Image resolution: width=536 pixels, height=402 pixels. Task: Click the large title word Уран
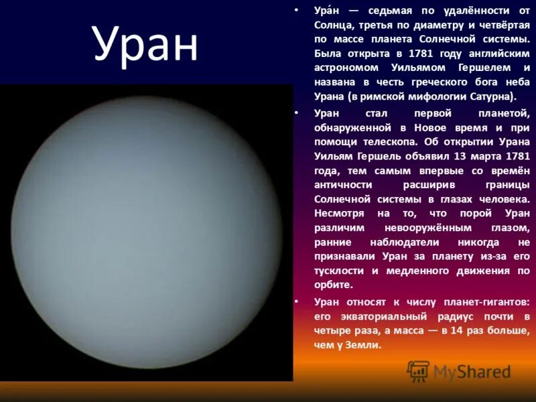(x=146, y=46)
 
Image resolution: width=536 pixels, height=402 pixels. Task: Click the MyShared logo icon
(x=419, y=371)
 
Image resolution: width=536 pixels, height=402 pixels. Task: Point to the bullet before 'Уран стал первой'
(x=295, y=113)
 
